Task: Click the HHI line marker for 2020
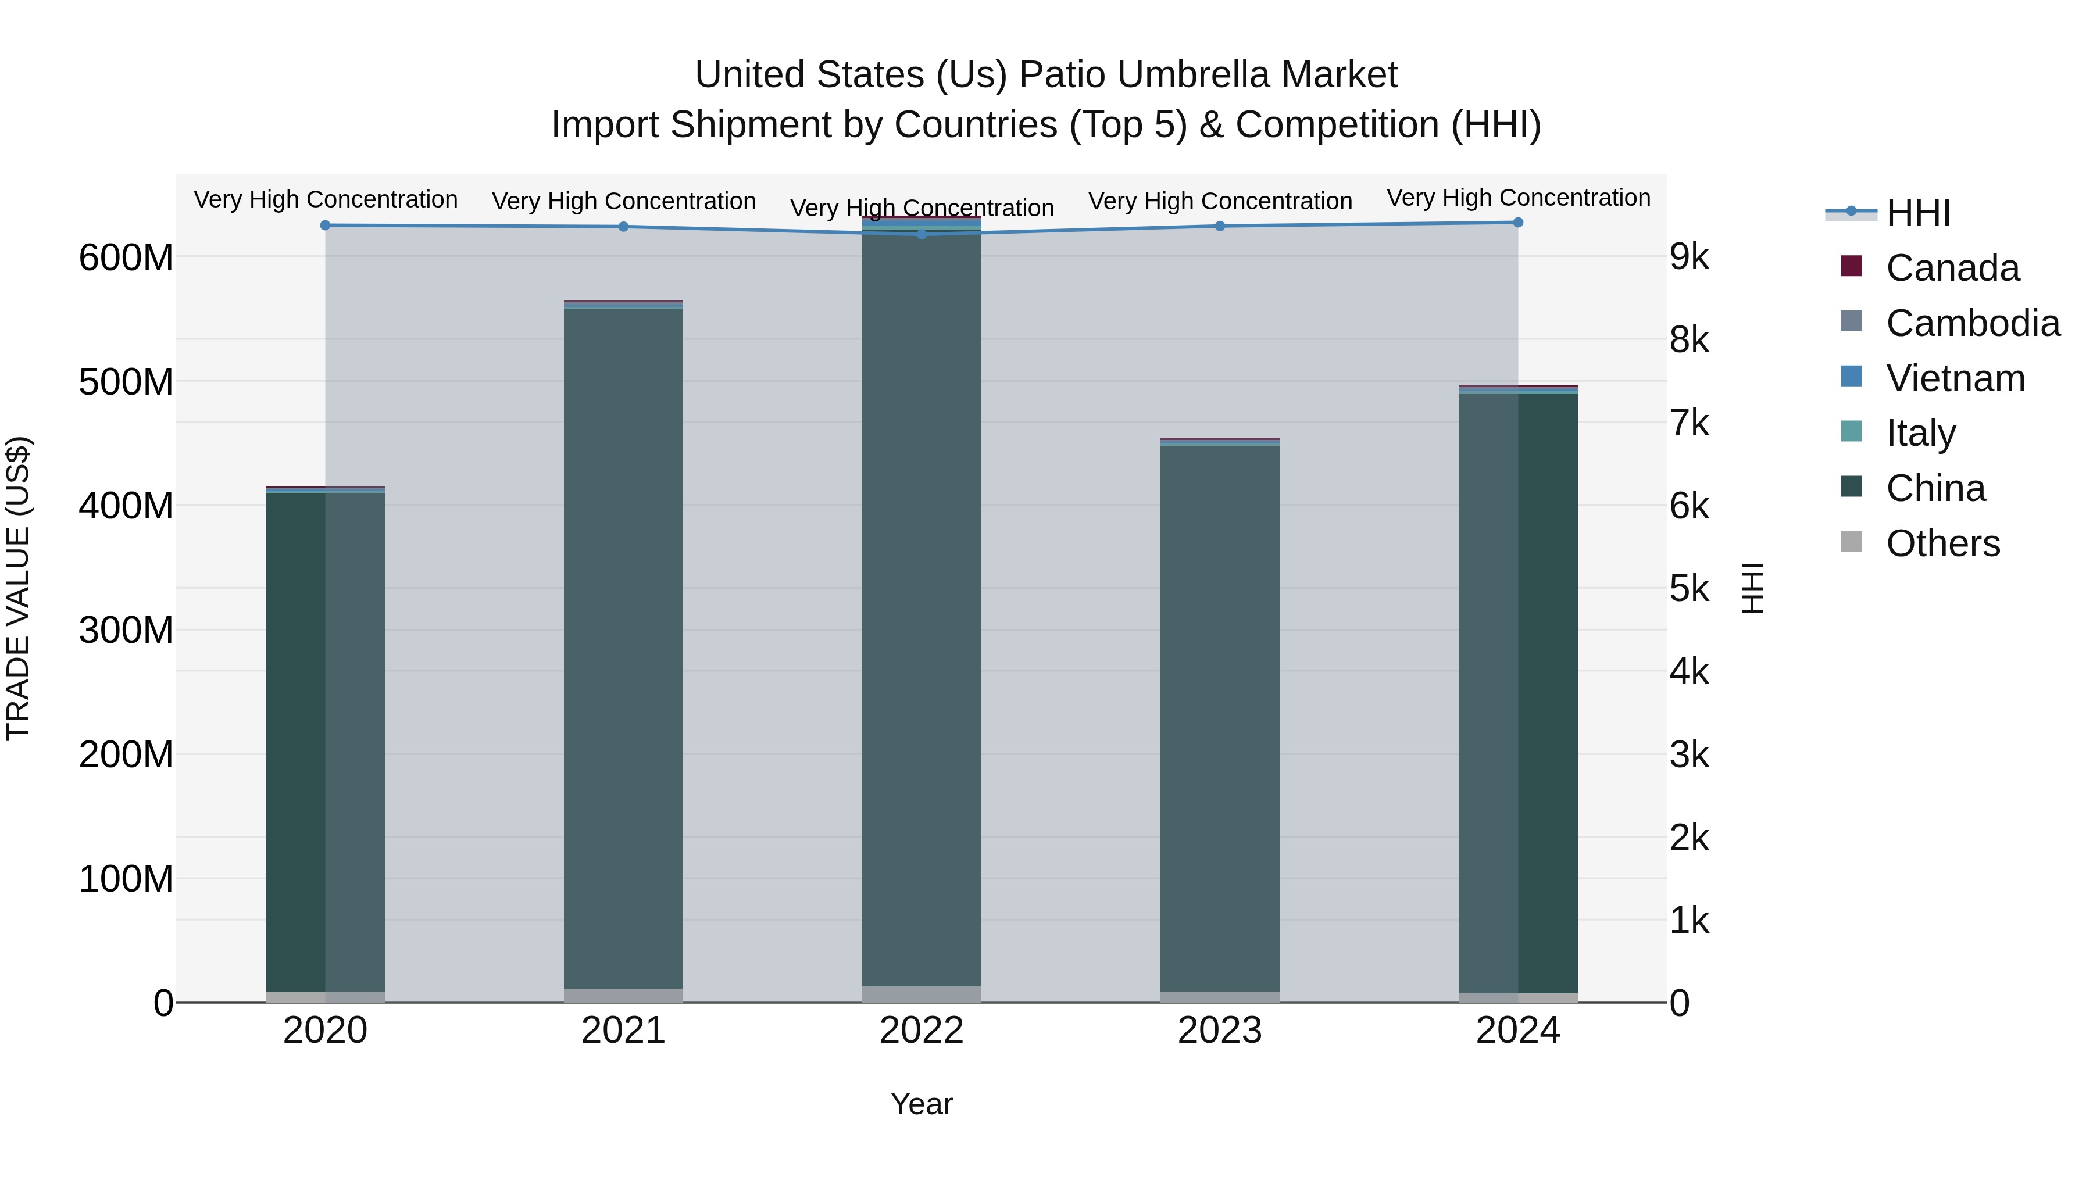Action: (325, 225)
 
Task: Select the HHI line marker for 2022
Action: (922, 234)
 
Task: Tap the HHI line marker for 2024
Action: (1518, 223)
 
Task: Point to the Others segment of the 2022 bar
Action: (922, 994)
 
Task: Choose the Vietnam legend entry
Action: (1955, 378)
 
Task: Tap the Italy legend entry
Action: (1920, 433)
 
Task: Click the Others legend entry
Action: (1942, 543)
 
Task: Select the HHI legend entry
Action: (1917, 213)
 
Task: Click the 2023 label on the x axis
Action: (1220, 1031)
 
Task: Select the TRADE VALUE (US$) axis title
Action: (18, 588)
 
